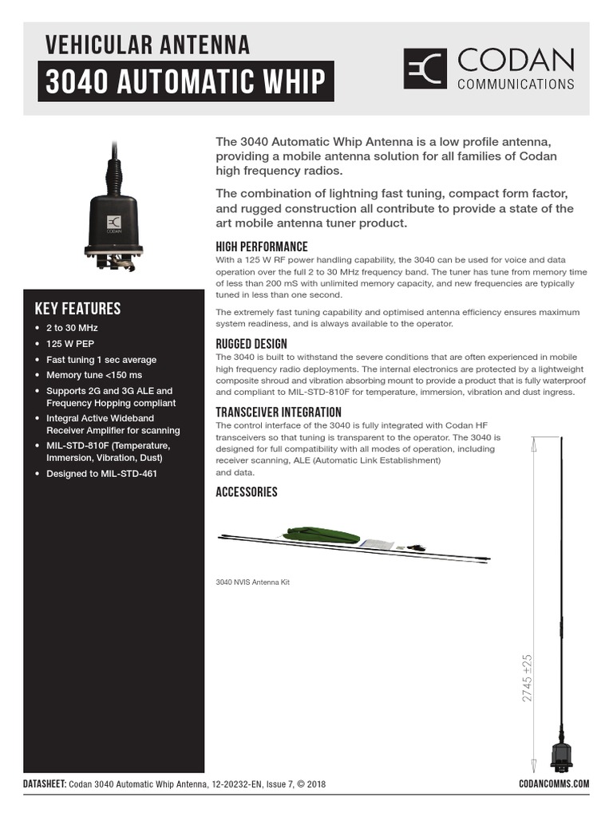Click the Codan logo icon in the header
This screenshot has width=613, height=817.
click(426, 69)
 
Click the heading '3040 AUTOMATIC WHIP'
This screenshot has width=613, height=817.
click(185, 82)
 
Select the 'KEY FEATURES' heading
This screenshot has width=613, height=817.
click(77, 309)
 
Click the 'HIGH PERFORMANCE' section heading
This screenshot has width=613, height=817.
click(261, 247)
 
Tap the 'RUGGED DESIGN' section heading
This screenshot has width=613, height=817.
click(251, 344)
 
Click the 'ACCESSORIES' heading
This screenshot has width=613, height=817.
click(247, 492)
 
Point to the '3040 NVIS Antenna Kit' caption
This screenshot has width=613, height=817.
click(252, 582)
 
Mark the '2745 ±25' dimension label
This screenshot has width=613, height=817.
click(528, 678)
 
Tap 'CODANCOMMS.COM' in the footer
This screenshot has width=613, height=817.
click(553, 783)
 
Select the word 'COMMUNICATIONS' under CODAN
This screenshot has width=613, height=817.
click(515, 84)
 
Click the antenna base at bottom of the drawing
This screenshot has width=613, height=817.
click(561, 754)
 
